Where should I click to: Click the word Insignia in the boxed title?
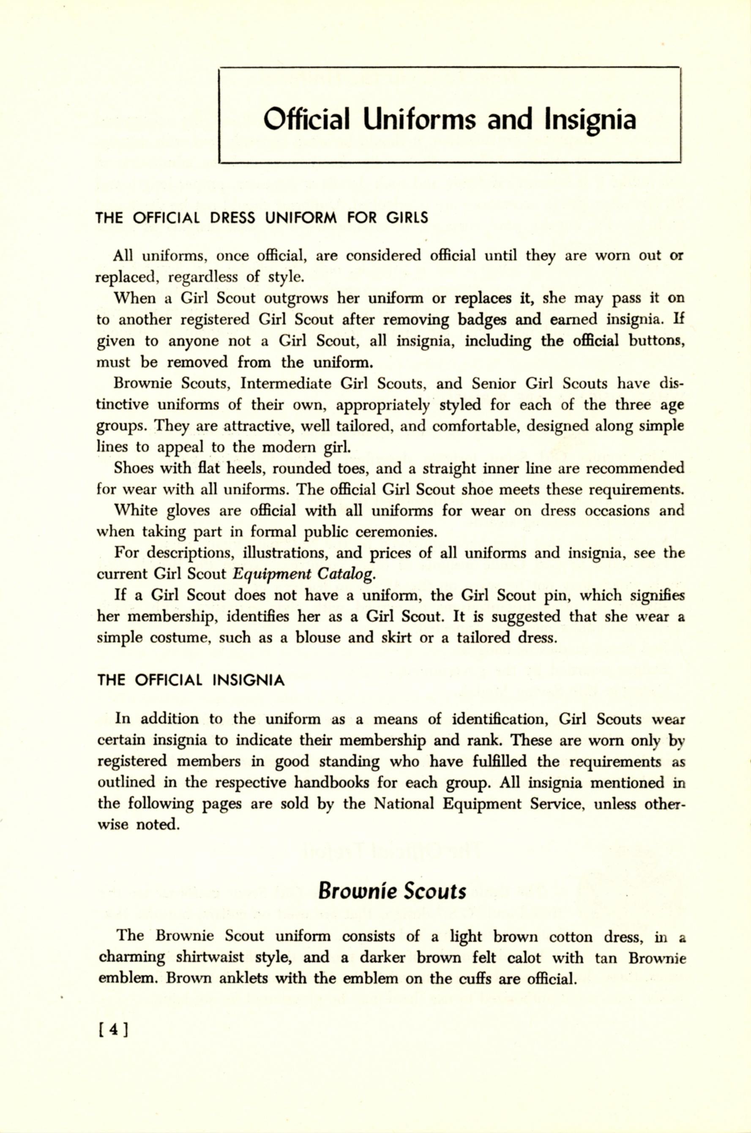tap(590, 120)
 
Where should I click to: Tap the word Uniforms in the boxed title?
tap(420, 120)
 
